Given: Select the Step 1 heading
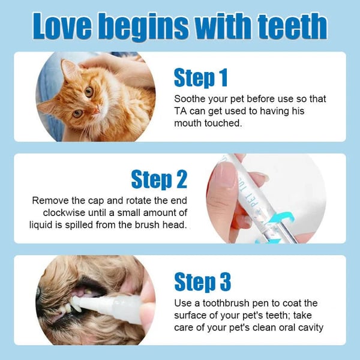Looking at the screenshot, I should click(200, 77).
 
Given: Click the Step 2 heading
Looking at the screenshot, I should click(159, 179).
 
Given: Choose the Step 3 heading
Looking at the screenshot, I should click(202, 281).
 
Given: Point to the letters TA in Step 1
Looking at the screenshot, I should click(181, 111).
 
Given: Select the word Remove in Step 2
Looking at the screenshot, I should click(50, 200).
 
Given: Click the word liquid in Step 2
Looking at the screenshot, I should click(44, 225).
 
